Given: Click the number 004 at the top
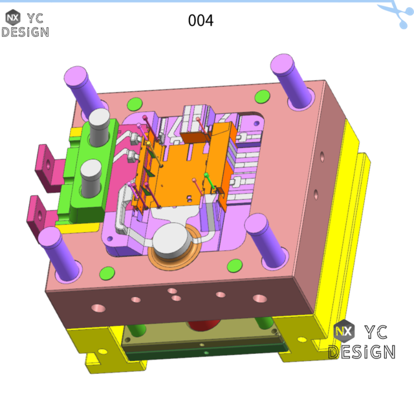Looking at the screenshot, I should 201,21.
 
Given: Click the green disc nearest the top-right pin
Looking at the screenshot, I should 262,97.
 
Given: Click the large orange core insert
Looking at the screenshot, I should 184,171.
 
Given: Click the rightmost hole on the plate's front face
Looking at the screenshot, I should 259,299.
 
